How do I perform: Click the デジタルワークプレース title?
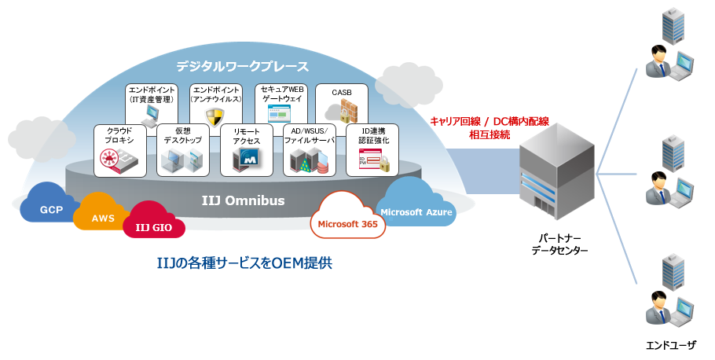[241, 66]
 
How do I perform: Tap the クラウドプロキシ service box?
[119, 150]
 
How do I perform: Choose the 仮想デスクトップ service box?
[182, 150]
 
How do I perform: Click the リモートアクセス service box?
[246, 150]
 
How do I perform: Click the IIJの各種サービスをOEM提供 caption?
[244, 263]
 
